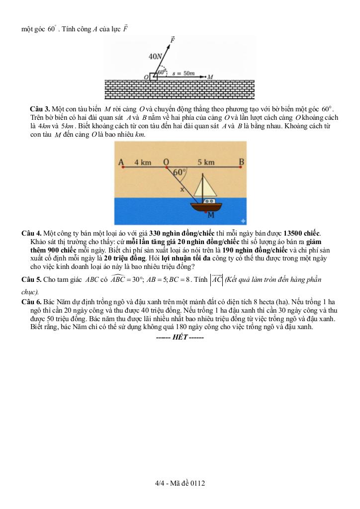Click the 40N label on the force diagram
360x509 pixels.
pyautogui.click(x=156, y=57)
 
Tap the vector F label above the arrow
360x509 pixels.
pyautogui.click(x=173, y=39)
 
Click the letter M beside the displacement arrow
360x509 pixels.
pyautogui.click(x=211, y=77)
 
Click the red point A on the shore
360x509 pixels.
pyautogui.click(x=121, y=169)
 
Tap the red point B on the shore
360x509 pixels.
pyautogui.click(x=241, y=169)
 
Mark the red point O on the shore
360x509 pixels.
pyautogui.click(x=166, y=169)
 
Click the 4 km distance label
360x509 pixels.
pyautogui.click(x=142, y=162)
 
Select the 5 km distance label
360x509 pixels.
pyautogui.click(x=206, y=162)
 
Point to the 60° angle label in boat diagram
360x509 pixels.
pyautogui.click(x=179, y=172)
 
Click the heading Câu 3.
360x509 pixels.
pyautogui.click(x=40, y=109)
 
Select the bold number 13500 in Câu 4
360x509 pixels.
pyautogui.click(x=298, y=233)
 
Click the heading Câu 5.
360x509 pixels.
pyautogui.click(x=31, y=279)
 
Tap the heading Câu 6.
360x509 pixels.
pyautogui.click(x=31, y=302)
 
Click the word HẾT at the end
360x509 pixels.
pyautogui.click(x=180, y=337)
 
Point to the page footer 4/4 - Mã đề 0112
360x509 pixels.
pyautogui.click(x=180, y=483)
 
